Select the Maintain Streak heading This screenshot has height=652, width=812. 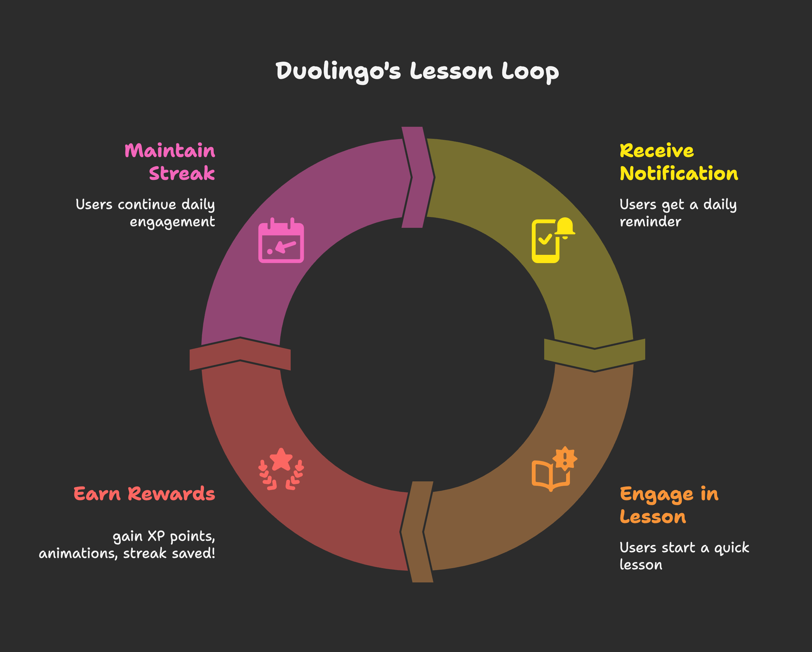170,162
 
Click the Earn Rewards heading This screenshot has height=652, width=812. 144,494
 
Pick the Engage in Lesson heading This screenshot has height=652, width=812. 669,505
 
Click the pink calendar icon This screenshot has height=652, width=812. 281,240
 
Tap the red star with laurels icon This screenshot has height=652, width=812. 281,469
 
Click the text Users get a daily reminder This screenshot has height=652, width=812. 678,213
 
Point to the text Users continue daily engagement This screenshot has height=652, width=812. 145,213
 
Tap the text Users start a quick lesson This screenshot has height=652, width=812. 684,556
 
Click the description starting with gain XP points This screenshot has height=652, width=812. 127,545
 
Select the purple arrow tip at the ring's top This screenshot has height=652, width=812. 418,177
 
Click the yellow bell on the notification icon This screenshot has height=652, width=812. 565,227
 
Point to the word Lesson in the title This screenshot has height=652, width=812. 451,71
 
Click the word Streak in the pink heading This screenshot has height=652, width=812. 182,173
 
